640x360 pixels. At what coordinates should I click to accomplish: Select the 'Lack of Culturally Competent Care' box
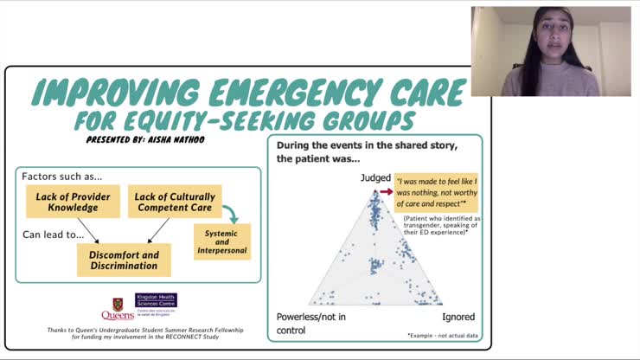[175, 202]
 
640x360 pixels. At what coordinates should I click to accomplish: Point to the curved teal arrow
[231, 213]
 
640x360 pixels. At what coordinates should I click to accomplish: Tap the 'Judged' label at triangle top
[376, 178]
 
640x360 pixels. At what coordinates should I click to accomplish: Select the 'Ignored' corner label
[458, 317]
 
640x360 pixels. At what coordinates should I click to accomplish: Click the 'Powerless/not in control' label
[310, 323]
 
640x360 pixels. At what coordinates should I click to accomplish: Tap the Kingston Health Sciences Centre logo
[156, 304]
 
